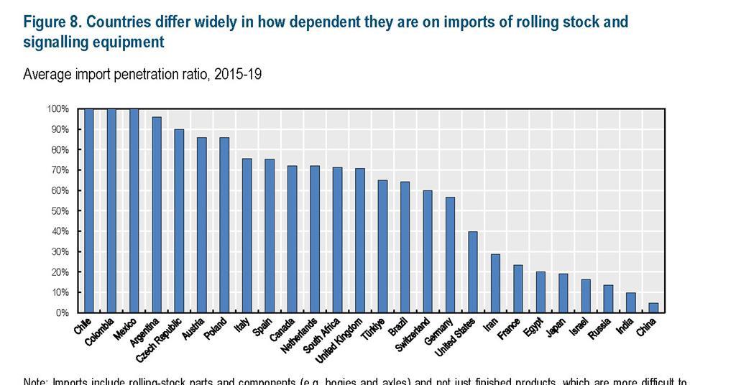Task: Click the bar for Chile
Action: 89,210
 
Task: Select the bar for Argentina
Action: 157,215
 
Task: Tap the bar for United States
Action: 472,272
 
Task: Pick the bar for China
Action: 653,307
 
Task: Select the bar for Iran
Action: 495,283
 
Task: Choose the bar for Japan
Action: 563,293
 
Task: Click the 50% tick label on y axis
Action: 58,211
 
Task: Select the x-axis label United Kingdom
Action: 344,340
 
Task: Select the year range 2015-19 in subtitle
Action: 234,75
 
